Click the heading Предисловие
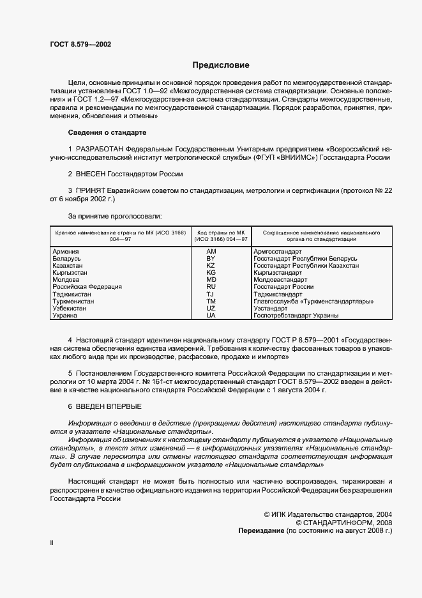pyautogui.click(x=221, y=65)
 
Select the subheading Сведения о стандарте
pyautogui.click(x=107, y=132)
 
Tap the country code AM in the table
pyautogui.click(x=211, y=252)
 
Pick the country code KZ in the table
pyautogui.click(x=211, y=265)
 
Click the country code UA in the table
pyautogui.click(x=211, y=315)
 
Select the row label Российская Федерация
pyautogui.click(x=82, y=287)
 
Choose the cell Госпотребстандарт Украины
pyautogui.click(x=296, y=315)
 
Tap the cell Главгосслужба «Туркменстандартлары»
pyautogui.click(x=313, y=301)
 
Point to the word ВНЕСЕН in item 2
pyautogui.click(x=93, y=174)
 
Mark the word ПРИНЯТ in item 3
pyautogui.click(x=93, y=190)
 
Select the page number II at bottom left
pyautogui.click(x=52, y=544)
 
